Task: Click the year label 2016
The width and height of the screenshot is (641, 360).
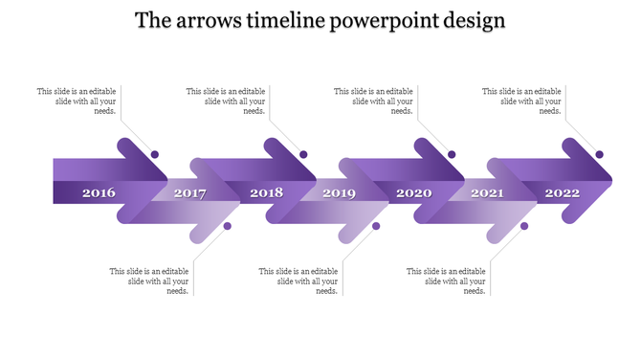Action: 99,193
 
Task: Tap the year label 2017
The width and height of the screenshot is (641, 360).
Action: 189,193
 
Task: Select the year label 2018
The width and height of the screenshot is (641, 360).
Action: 267,193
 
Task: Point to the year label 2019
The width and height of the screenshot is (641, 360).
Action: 339,193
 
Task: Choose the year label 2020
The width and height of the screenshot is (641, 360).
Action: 414,193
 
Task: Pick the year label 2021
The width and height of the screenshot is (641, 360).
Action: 487,193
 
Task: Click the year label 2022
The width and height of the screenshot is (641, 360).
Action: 563,193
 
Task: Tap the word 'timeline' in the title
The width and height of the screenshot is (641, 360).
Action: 284,21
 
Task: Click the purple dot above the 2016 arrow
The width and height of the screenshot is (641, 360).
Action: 155,154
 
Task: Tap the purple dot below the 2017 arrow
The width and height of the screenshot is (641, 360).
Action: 228,226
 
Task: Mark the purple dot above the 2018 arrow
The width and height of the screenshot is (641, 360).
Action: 303,154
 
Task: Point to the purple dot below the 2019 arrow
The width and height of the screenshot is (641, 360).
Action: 376,226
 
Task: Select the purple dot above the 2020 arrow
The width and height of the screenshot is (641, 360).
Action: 452,154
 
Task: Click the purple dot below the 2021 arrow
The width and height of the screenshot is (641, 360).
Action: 524,226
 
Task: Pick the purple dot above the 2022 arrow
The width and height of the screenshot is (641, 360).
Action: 600,154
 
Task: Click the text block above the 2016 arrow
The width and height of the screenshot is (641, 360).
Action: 77,101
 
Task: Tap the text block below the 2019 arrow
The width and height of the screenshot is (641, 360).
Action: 298,281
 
